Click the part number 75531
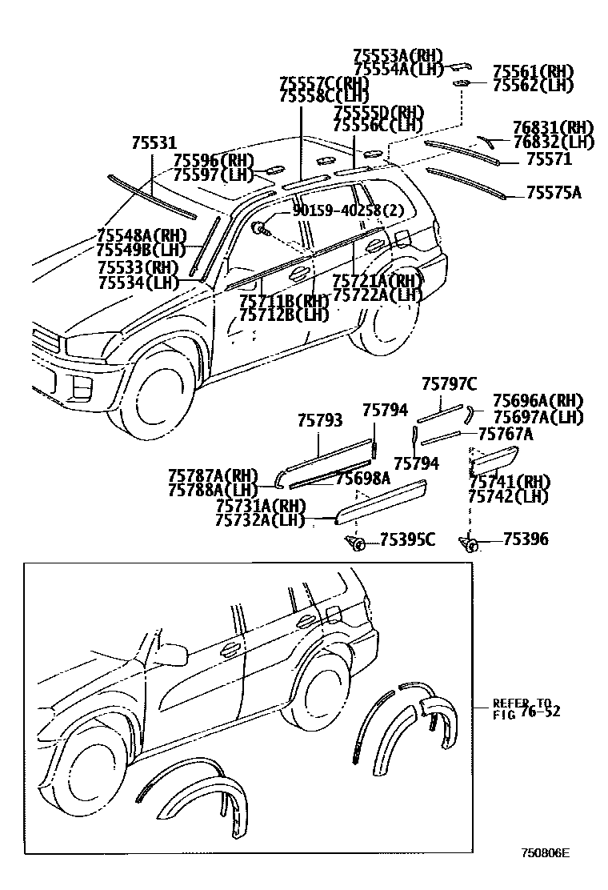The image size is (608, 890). pyautogui.click(x=154, y=142)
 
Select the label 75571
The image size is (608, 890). pyautogui.click(x=549, y=159)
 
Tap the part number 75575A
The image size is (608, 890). pyautogui.click(x=554, y=192)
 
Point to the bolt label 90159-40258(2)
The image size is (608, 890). pyautogui.click(x=349, y=210)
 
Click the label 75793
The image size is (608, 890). pyautogui.click(x=320, y=419)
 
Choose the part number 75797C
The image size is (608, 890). pyautogui.click(x=449, y=384)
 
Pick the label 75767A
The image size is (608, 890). pyautogui.click(x=506, y=434)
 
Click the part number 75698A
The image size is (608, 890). pyautogui.click(x=362, y=478)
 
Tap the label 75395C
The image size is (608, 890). pyautogui.click(x=406, y=539)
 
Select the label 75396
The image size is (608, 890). pyautogui.click(x=526, y=539)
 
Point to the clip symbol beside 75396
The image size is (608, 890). pyautogui.click(x=470, y=544)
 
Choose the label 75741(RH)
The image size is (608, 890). pyautogui.click(x=509, y=482)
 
